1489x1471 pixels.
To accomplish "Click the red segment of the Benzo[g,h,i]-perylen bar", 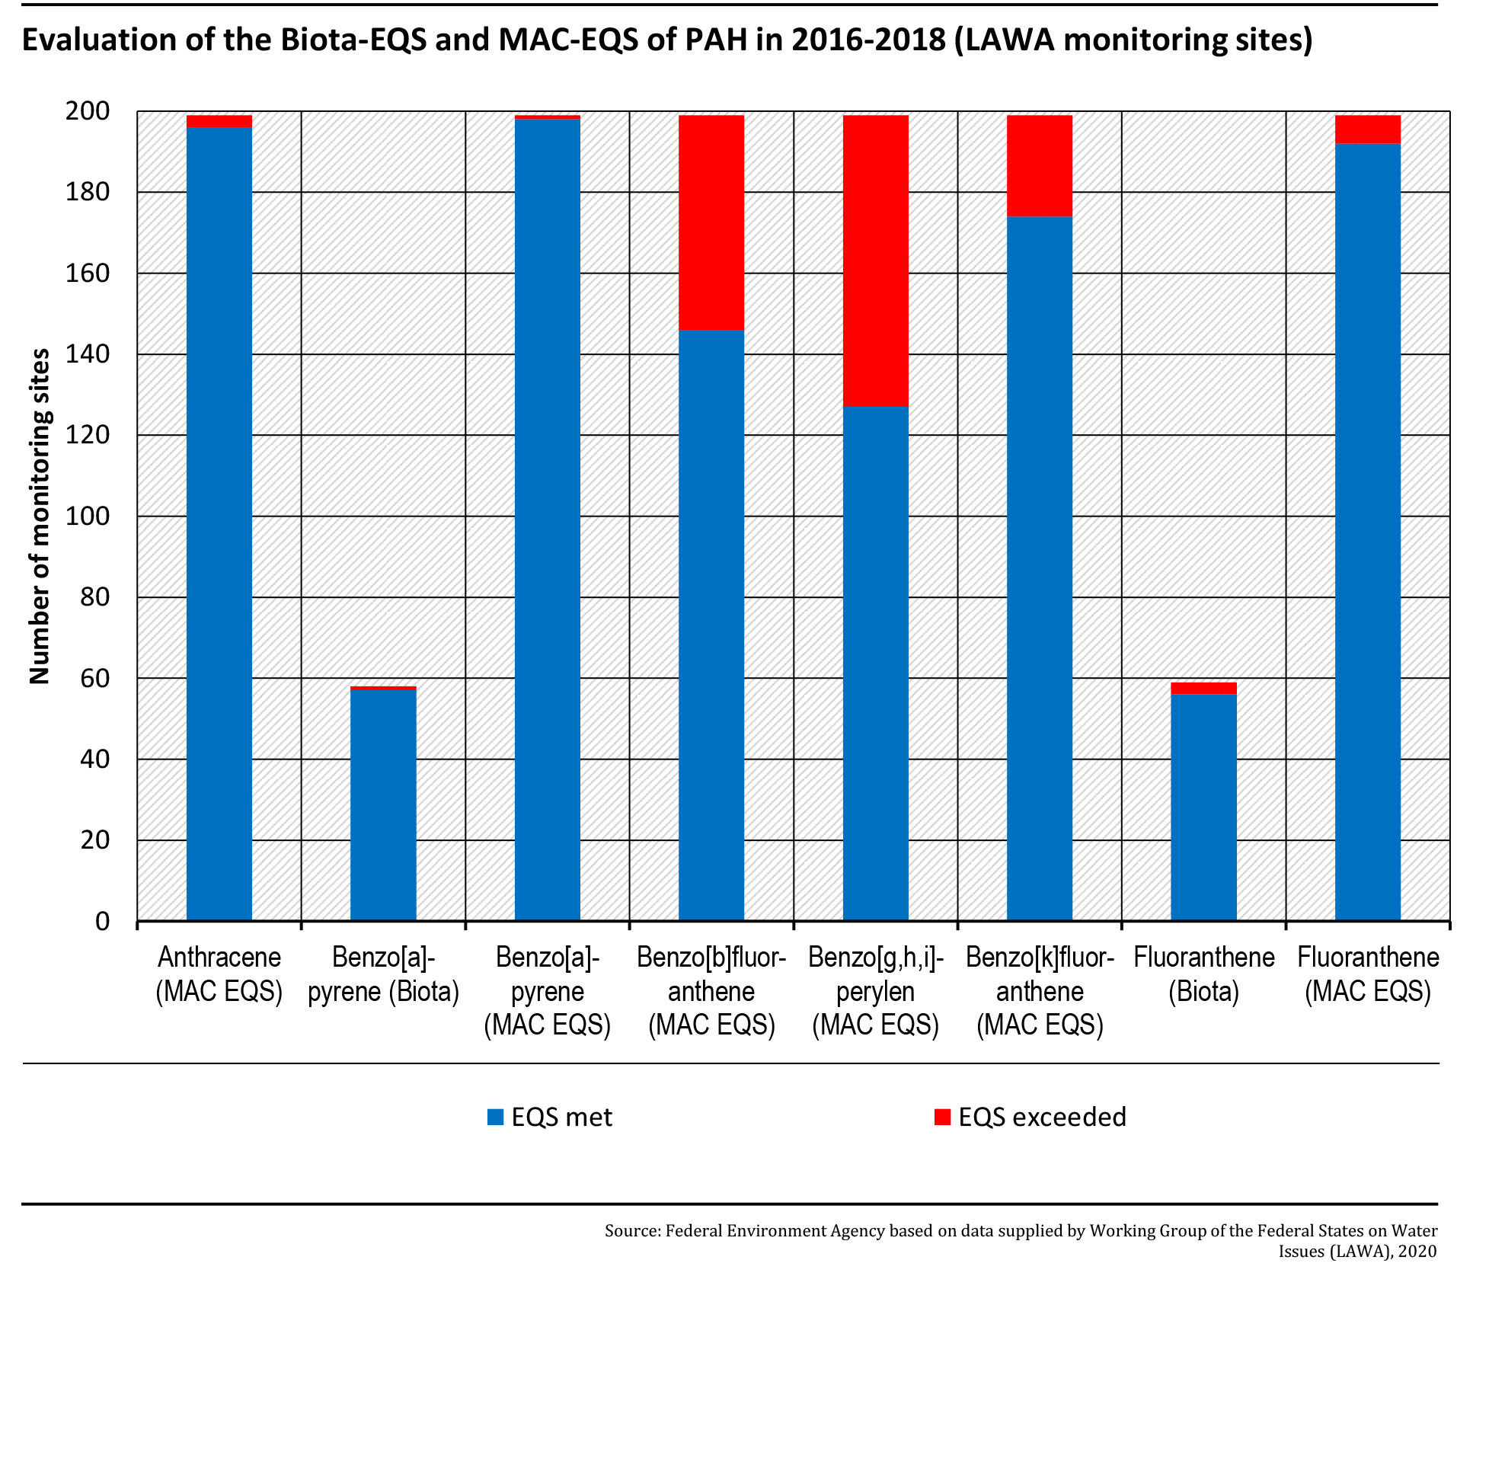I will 876,261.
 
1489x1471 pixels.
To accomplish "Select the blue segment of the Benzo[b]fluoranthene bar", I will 711,625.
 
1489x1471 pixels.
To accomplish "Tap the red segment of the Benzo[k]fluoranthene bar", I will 1040,166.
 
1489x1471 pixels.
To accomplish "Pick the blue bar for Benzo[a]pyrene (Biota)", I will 383,806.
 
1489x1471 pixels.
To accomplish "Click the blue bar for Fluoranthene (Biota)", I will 1204,808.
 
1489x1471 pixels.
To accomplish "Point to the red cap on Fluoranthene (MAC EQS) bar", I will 1368,130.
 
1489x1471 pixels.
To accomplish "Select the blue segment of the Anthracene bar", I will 219,524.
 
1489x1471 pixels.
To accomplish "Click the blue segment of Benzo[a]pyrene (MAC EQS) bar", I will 547,520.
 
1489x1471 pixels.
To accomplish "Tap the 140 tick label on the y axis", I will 88,354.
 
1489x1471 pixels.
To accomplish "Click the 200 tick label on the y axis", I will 88,111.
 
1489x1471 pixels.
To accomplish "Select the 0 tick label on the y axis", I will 103,922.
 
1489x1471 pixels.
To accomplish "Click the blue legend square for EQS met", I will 496,1117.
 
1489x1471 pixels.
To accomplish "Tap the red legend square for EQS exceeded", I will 943,1117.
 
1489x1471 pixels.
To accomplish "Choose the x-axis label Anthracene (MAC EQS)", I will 219,974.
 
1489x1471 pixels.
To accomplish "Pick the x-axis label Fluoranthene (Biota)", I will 1204,974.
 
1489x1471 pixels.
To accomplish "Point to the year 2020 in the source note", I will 1417,1252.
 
